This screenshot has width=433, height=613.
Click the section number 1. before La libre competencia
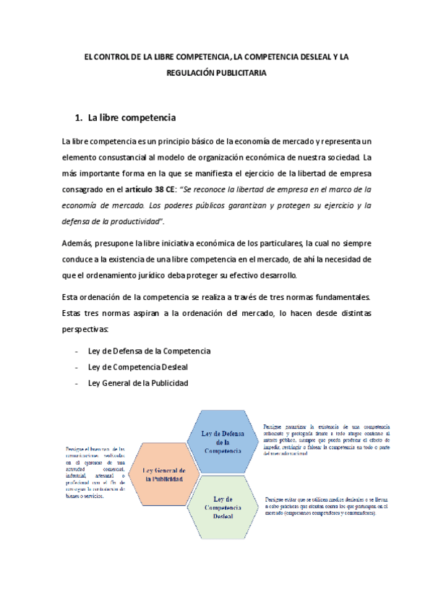point(80,117)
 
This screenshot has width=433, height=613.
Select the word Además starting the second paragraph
point(80,242)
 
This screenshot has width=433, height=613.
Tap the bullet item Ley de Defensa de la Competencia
point(149,351)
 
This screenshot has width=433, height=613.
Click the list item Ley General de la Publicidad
point(137,383)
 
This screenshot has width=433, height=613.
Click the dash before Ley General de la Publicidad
point(77,383)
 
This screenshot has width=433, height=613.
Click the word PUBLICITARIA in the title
point(242,73)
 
